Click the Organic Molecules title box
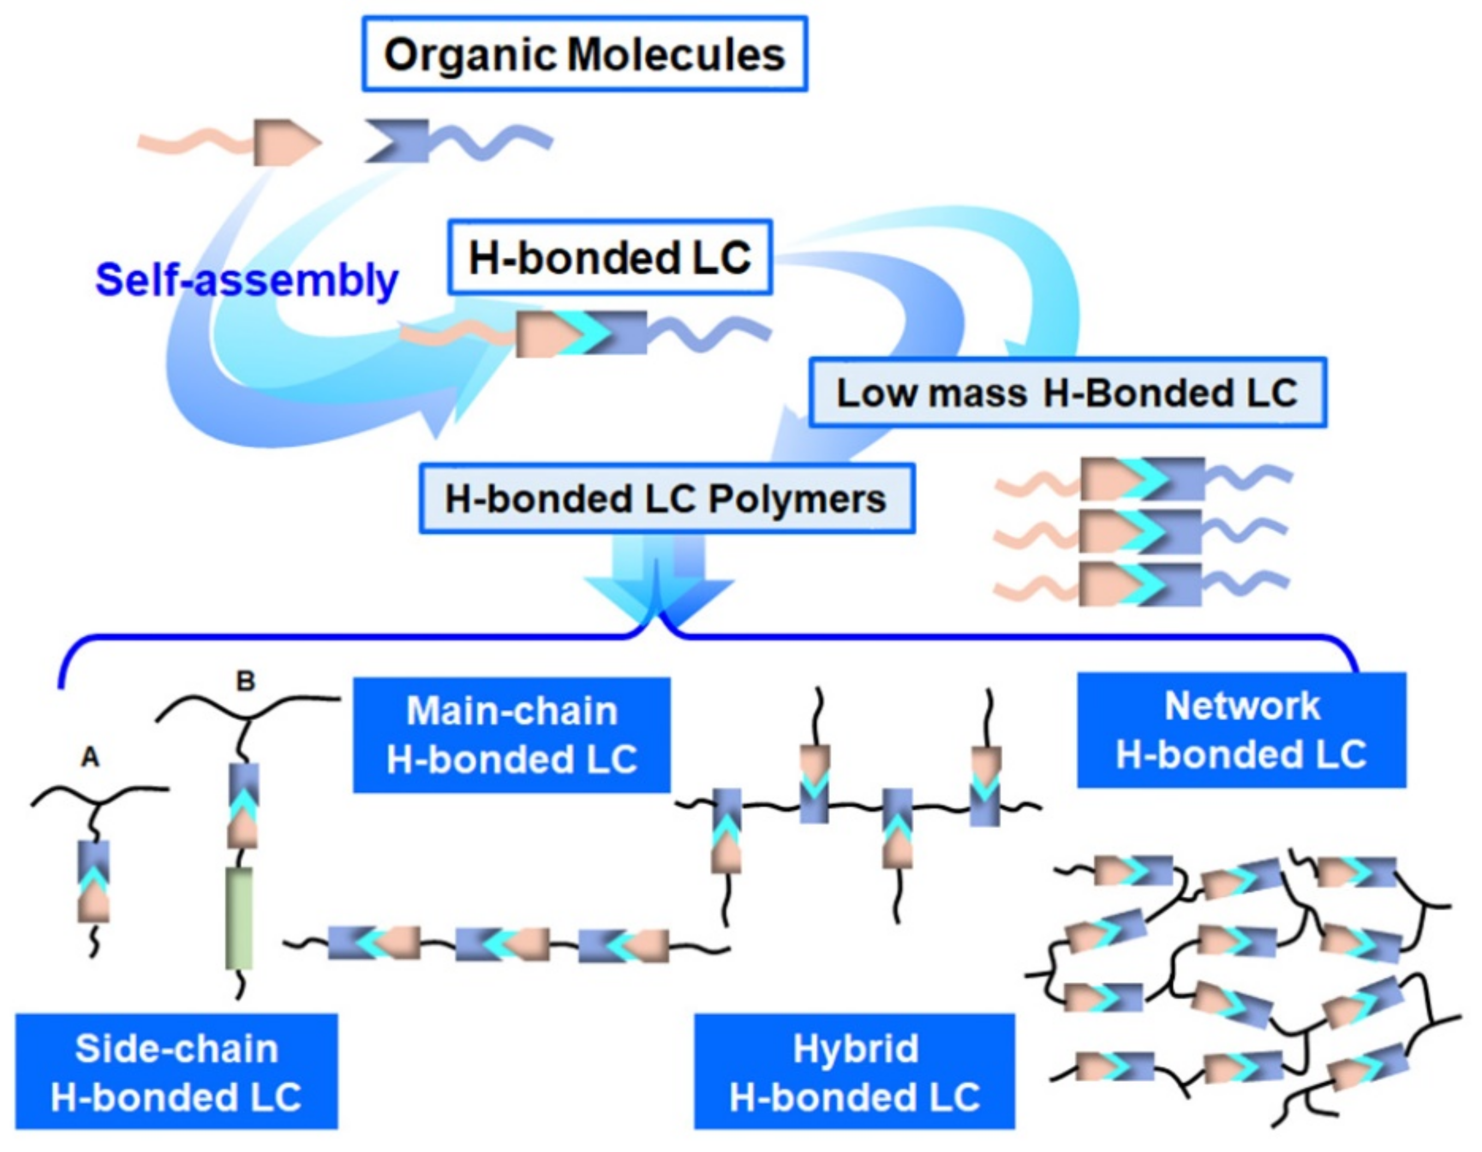pyautogui.click(x=584, y=55)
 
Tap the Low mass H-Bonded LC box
pyautogui.click(x=1067, y=393)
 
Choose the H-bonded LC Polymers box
pyautogui.click(x=666, y=499)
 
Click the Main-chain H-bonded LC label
pyautogui.click(x=512, y=735)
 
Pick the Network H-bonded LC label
pyautogui.click(x=1241, y=730)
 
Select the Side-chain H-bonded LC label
pyautogui.click(x=176, y=1072)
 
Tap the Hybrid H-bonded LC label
pyautogui.click(x=854, y=1072)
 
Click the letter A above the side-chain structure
pyautogui.click(x=90, y=757)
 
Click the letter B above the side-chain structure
pyautogui.click(x=245, y=681)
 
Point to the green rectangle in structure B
pyautogui.click(x=239, y=918)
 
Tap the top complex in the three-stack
pyautogui.click(x=1143, y=479)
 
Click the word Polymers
pyautogui.click(x=797, y=500)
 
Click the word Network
pyautogui.click(x=1242, y=706)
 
